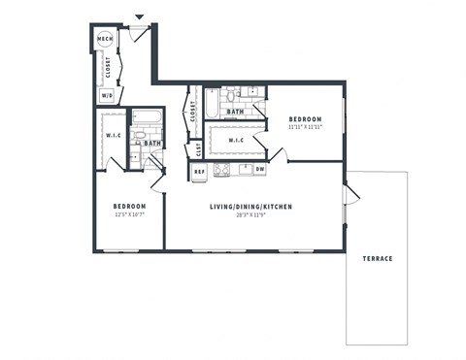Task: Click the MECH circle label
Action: (105, 40)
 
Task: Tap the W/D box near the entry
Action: (106, 95)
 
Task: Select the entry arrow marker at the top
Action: (139, 16)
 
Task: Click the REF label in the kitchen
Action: (199, 171)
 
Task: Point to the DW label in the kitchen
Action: (259, 171)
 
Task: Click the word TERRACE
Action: (378, 258)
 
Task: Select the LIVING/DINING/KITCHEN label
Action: (251, 207)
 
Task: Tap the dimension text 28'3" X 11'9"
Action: (251, 215)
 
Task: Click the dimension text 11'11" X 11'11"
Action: (306, 127)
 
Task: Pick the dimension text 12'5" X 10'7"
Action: (129, 215)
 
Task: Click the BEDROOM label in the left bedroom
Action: (129, 207)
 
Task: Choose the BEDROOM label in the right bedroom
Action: (306, 118)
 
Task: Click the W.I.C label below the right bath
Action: (236, 140)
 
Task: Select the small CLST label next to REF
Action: (199, 149)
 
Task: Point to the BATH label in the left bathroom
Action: (152, 144)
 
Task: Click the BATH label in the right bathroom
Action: (235, 112)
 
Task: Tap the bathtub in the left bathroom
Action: (147, 118)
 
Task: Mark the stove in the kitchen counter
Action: (221, 171)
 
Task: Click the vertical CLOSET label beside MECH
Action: (107, 67)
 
